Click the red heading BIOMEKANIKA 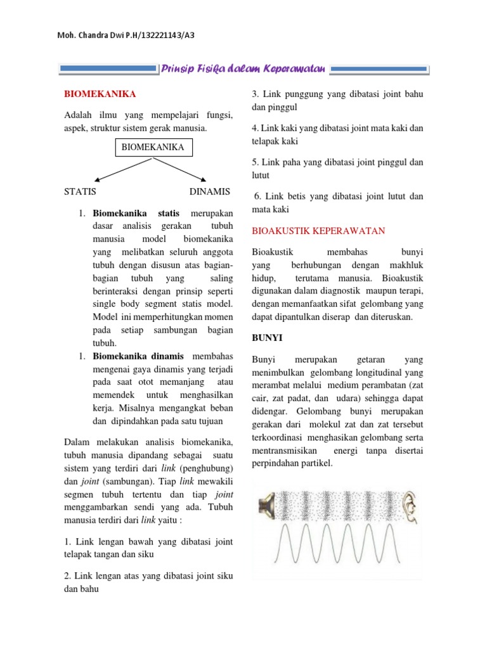pyautogui.click(x=100, y=94)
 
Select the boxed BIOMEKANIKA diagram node pyautogui.click(x=152, y=148)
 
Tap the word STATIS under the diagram pyautogui.click(x=80, y=191)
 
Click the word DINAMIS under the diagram pyautogui.click(x=209, y=191)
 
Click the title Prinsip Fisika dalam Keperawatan pyautogui.click(x=243, y=68)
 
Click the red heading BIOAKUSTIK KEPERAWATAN pyautogui.click(x=318, y=231)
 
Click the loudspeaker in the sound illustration pyautogui.click(x=266, y=505)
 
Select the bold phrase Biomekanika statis pyautogui.click(x=136, y=213)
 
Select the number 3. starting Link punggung pyautogui.click(x=256, y=94)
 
